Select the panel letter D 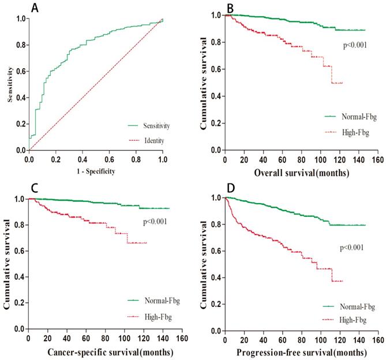point(230,189)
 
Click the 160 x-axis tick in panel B point(377,159)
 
